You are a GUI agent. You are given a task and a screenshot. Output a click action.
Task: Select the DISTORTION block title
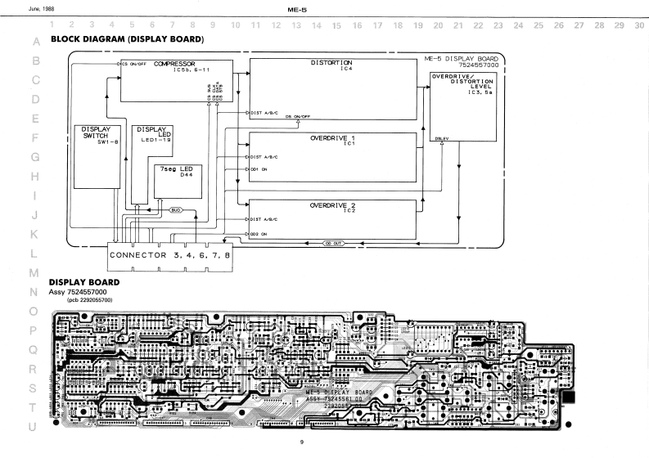click(331, 62)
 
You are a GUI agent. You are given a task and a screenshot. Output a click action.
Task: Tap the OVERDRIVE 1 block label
click(333, 138)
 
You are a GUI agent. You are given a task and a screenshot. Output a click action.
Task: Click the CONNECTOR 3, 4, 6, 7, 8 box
click(169, 256)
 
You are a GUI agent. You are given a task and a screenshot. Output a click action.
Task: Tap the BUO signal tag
click(175, 210)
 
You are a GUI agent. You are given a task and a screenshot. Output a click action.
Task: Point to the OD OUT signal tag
click(332, 243)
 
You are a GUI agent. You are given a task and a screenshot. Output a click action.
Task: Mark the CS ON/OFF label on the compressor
click(133, 64)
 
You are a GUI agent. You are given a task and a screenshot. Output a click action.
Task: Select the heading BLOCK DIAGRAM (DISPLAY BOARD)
click(127, 39)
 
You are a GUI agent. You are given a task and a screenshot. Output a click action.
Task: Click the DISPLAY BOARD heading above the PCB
click(85, 282)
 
